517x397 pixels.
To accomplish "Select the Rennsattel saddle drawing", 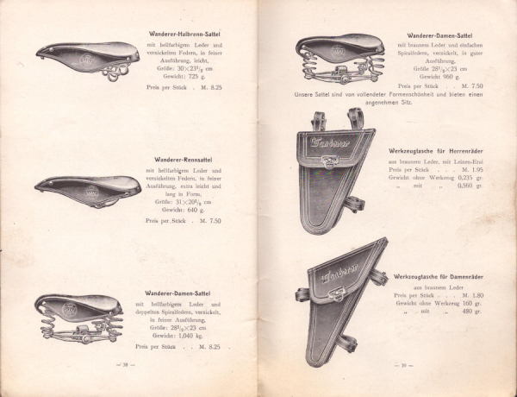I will (87, 190).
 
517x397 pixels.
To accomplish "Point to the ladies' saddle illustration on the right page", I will (341, 54).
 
